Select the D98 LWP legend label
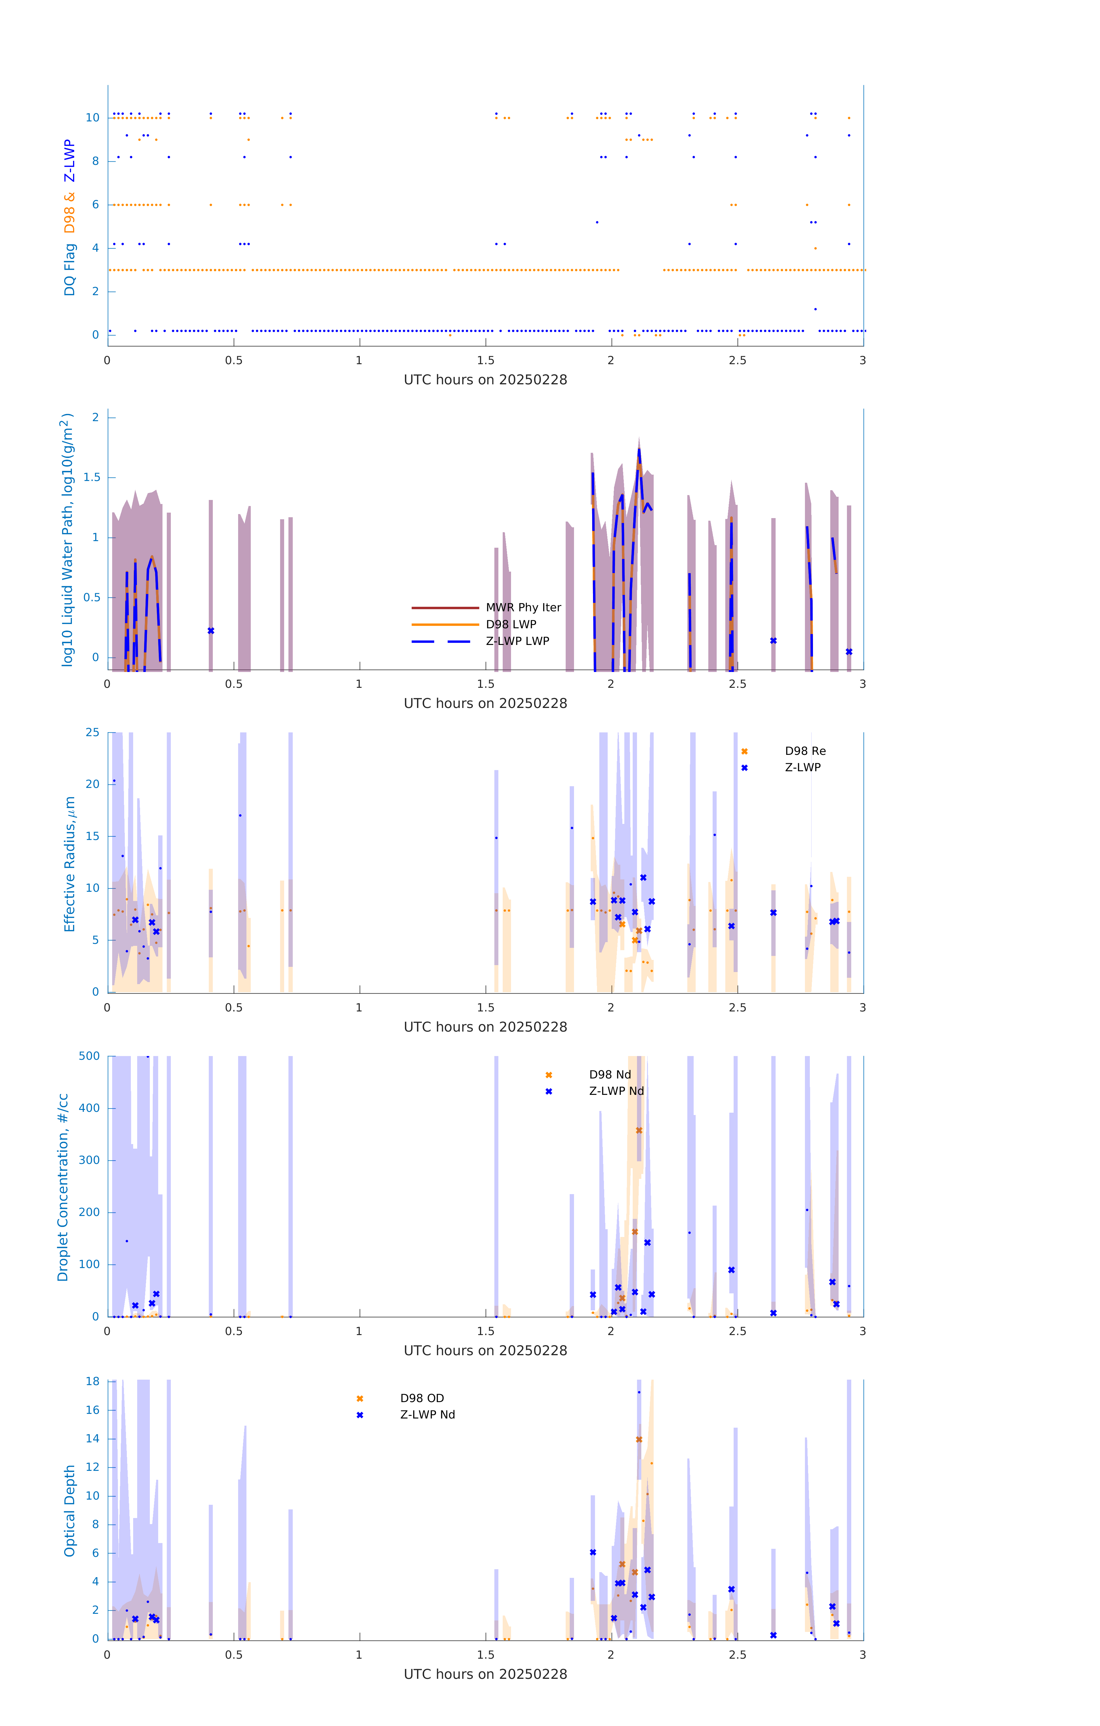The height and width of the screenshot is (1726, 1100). click(x=511, y=624)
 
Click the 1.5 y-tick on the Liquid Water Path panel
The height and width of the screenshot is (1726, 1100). click(x=92, y=477)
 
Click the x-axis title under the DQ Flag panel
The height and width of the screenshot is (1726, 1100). click(x=485, y=380)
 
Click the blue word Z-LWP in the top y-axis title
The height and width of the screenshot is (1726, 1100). click(x=70, y=161)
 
